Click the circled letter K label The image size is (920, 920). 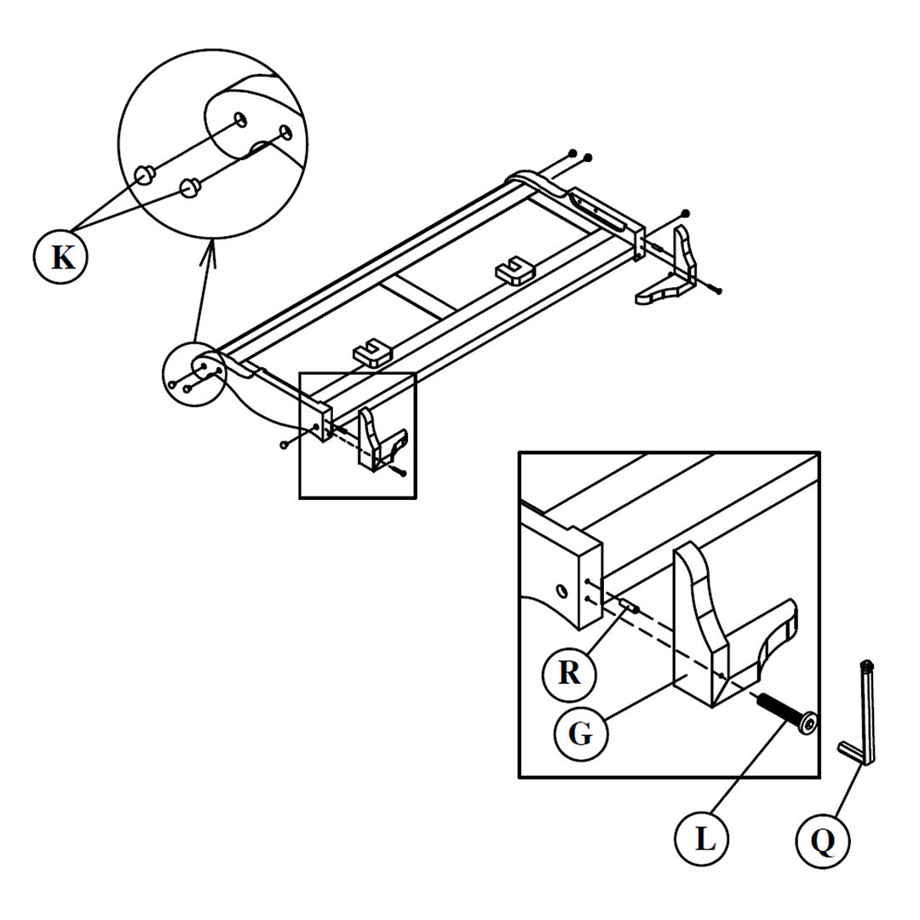62,256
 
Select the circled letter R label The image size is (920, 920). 570,673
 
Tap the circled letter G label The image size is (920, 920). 581,733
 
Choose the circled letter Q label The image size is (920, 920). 823,841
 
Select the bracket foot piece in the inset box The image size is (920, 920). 724,630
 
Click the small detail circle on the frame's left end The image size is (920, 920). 194,375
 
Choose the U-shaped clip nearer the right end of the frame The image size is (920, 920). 514,270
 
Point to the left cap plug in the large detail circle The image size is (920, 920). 144,175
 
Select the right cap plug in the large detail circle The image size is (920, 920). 189,186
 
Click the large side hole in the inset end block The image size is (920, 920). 561,590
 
